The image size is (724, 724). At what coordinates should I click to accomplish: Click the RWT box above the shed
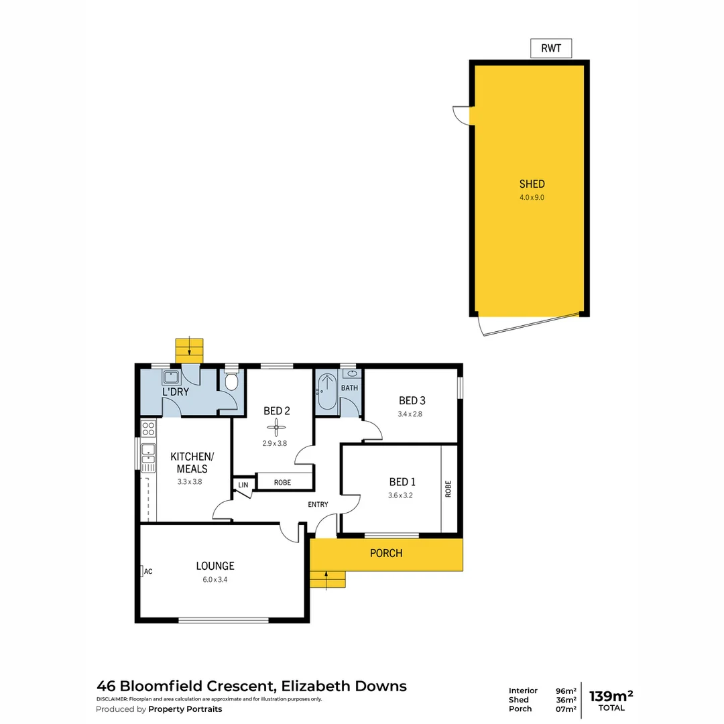[x=551, y=48]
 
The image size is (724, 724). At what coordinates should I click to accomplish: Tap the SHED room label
[x=532, y=184]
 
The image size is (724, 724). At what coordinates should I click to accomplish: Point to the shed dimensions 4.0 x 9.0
[x=532, y=197]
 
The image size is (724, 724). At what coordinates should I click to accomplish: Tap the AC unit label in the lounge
[x=147, y=571]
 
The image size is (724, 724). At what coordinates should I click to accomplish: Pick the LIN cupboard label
[x=243, y=485]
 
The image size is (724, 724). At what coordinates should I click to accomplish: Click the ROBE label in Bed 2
[x=282, y=481]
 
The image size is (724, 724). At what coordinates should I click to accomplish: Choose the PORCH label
[x=386, y=553]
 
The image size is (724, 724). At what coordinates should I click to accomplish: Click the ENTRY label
[x=318, y=504]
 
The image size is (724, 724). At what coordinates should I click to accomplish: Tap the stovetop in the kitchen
[x=148, y=429]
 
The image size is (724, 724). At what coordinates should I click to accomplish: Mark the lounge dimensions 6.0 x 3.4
[x=215, y=580]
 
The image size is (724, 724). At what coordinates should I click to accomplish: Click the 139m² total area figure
[x=611, y=695]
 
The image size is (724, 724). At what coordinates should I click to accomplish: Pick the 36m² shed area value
[x=566, y=700]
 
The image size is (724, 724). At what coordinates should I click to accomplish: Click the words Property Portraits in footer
[x=185, y=709]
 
